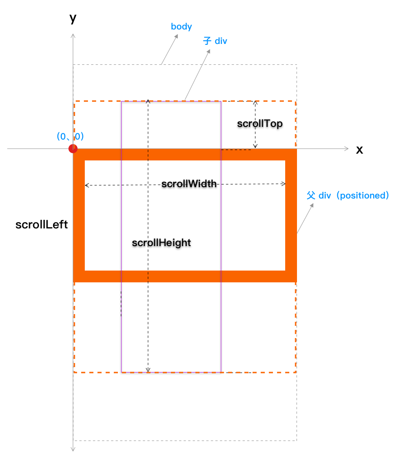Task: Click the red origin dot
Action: pos(73,149)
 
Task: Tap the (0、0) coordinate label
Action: pos(70,136)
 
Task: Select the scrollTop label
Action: pos(260,124)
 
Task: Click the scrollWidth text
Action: pos(189,184)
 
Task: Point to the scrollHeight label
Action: pos(161,243)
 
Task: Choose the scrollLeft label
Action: pos(42,224)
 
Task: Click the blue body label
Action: pos(181,27)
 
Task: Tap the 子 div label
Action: pos(215,41)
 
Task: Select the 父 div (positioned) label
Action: pos(348,196)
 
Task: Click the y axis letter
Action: pos(73,18)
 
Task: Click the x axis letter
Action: pos(360,150)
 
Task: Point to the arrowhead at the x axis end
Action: pos(347,149)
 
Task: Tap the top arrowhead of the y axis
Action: pos(73,35)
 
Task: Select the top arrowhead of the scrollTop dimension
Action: pos(255,102)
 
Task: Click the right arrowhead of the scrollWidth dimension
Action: pos(284,184)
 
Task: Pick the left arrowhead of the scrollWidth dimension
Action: pos(87,185)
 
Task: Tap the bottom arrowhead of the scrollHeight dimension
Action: pos(148,370)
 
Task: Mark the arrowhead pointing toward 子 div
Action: pos(209,51)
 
